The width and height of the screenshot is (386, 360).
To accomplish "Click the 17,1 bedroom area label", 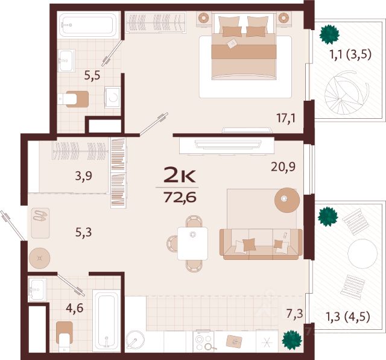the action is tap(286, 118).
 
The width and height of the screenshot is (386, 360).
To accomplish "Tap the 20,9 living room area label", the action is tap(283, 167).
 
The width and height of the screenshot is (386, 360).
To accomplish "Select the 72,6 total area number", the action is tap(180, 197).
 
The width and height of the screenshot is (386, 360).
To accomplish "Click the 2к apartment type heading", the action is tap(180, 174).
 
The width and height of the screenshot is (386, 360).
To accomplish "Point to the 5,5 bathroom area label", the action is tap(92, 75).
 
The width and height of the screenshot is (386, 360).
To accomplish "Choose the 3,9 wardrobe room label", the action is tap(83, 176).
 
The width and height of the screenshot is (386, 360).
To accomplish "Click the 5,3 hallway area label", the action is tap(83, 232).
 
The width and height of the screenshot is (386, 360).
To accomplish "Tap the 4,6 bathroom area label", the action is tap(75, 308).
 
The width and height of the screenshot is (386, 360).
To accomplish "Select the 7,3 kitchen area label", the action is tap(295, 314).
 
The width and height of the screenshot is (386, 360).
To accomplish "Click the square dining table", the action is tap(193, 244).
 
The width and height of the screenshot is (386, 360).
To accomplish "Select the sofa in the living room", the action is tap(261, 244).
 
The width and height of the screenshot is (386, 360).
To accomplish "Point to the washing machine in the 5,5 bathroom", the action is tap(113, 98).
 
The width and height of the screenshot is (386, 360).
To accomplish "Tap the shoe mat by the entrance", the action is tap(40, 223).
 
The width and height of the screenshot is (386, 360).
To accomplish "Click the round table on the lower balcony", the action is tap(362, 253).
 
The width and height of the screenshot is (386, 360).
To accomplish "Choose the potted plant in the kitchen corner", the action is tap(292, 339).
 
